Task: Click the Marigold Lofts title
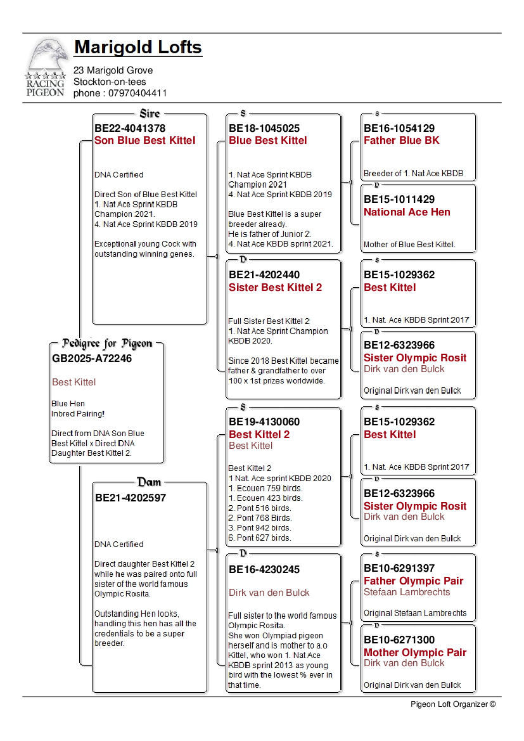pyautogui.click(x=138, y=48)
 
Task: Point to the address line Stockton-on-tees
pyautogui.click(x=110, y=82)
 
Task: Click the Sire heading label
pyautogui.click(x=150, y=113)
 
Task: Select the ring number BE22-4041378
pyautogui.click(x=130, y=128)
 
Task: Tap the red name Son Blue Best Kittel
pyautogui.click(x=145, y=141)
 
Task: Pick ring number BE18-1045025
pyautogui.click(x=264, y=128)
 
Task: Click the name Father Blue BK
pyautogui.click(x=401, y=141)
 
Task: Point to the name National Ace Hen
pyautogui.click(x=407, y=212)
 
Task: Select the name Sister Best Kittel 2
pyautogui.click(x=275, y=288)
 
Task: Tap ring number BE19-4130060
pyautogui.click(x=264, y=422)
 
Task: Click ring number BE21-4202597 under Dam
pyautogui.click(x=131, y=498)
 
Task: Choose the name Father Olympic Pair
pyautogui.click(x=413, y=581)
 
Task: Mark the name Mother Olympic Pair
pyautogui.click(x=414, y=653)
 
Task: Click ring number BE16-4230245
pyautogui.click(x=264, y=570)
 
